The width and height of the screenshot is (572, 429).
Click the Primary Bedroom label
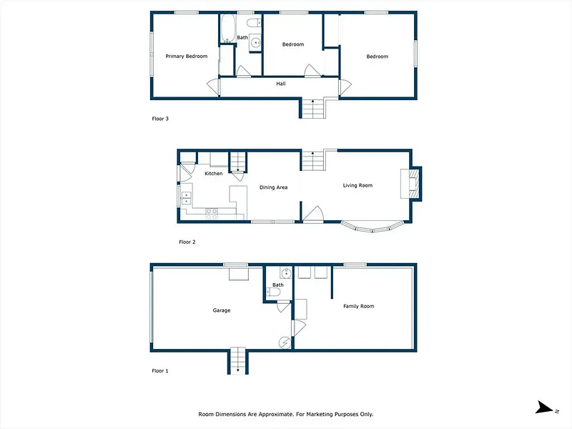(x=187, y=56)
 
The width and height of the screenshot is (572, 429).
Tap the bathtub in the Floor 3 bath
(x=228, y=29)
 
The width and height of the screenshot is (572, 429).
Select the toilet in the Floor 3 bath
(x=254, y=23)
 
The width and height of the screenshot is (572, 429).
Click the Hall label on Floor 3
(x=281, y=84)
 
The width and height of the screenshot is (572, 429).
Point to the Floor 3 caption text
(x=160, y=119)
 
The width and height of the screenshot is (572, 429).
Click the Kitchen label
(x=213, y=173)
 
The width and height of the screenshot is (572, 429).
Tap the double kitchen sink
(x=186, y=199)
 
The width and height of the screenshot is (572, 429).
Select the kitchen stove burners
(x=212, y=214)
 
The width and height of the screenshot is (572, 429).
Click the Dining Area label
(x=273, y=187)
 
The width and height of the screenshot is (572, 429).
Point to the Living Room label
(x=357, y=185)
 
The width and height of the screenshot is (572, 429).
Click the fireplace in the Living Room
(x=412, y=184)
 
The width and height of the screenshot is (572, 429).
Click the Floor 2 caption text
(x=187, y=242)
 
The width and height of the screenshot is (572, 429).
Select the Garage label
(x=222, y=310)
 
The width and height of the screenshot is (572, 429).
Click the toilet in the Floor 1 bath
(x=274, y=292)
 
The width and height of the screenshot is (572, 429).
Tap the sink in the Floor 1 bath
(x=286, y=272)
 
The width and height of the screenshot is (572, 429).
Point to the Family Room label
(x=359, y=306)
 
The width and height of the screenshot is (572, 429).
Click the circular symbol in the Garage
(x=285, y=343)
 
